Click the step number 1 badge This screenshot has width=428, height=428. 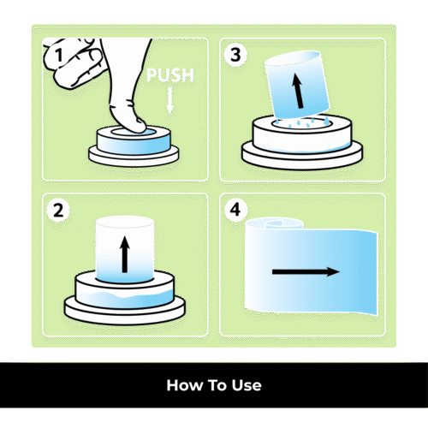(59, 55)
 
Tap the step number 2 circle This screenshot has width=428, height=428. (58, 211)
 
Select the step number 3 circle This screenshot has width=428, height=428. (235, 55)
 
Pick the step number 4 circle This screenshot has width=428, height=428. (235, 211)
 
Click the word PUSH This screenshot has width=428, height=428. (170, 75)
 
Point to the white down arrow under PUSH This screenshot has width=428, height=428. (169, 101)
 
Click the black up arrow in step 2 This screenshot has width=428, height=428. (125, 254)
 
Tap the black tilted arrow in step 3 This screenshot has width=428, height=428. (298, 91)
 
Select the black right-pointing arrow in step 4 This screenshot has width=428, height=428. (306, 271)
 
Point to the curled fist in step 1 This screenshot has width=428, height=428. (74, 62)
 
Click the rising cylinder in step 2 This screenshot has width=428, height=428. (125, 250)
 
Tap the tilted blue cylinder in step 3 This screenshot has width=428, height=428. (297, 85)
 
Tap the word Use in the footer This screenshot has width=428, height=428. (247, 385)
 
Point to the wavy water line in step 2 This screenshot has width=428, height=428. (125, 294)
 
